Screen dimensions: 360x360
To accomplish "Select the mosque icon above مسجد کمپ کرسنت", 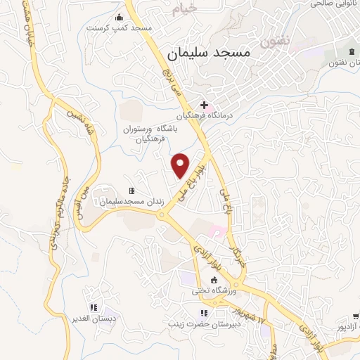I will point(117,17).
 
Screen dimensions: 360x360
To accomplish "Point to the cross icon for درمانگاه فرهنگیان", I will point(205,105).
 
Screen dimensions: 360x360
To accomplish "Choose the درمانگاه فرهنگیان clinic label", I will point(204,116).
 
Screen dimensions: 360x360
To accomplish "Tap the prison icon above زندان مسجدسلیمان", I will point(131,191).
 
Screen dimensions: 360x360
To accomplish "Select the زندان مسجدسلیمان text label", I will point(131,202).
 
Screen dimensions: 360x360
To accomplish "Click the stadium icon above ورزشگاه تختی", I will point(214,280).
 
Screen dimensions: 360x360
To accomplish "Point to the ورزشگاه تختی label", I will point(214,291).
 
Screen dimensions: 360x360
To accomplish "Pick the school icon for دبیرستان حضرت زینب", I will point(204,313).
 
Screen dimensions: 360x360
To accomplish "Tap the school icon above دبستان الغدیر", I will point(93,307).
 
